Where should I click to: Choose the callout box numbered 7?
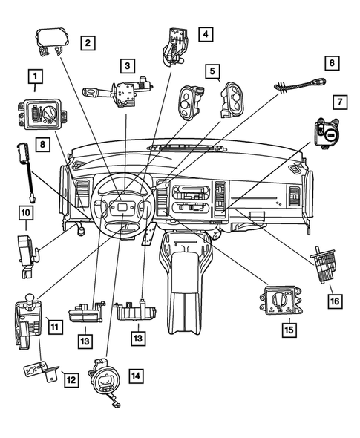pos(338,100)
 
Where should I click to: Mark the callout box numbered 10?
pos(25,212)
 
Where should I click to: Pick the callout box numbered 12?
pos(71,380)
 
